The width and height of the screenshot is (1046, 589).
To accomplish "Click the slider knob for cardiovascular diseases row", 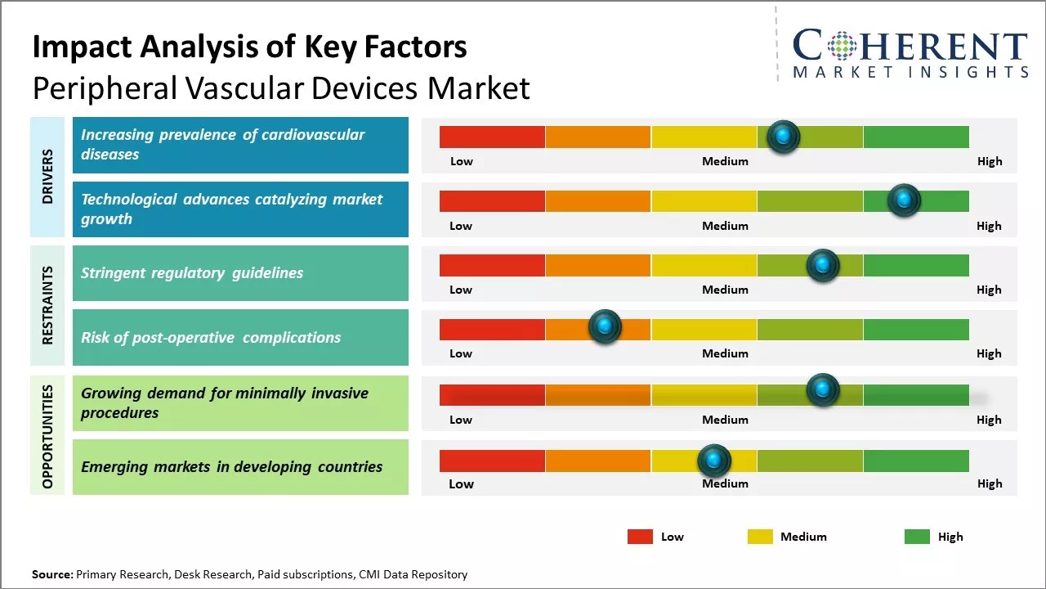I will (x=783, y=137).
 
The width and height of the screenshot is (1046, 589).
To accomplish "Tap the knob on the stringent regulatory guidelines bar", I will (x=822, y=265).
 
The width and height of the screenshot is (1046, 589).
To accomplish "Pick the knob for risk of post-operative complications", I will (x=605, y=326).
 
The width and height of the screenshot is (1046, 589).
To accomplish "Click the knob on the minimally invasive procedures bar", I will (x=822, y=390).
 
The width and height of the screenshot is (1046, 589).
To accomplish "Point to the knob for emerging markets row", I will (x=714, y=461).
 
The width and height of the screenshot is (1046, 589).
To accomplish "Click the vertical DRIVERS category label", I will (x=47, y=177).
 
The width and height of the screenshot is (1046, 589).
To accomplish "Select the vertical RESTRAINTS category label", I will (x=47, y=305).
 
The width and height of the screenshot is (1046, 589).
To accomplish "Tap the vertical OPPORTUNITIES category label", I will (x=47, y=436).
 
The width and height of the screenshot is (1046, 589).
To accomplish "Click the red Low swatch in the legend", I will (x=640, y=537).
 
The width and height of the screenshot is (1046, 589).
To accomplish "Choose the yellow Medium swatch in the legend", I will (x=760, y=537).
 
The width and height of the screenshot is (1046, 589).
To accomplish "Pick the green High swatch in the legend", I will (x=917, y=537).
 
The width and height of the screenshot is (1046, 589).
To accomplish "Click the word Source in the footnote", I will (x=51, y=574).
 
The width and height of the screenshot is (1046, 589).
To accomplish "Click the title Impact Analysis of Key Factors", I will (x=249, y=47).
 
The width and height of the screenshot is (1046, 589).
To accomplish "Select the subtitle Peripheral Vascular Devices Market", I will (x=281, y=88).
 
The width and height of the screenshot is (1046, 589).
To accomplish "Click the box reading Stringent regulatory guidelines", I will (x=240, y=273).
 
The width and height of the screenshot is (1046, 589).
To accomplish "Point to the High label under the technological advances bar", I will (x=989, y=226).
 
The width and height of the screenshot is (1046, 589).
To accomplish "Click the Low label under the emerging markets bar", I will (x=461, y=483).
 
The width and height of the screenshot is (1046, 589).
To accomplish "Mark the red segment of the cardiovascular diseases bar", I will (x=492, y=137).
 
